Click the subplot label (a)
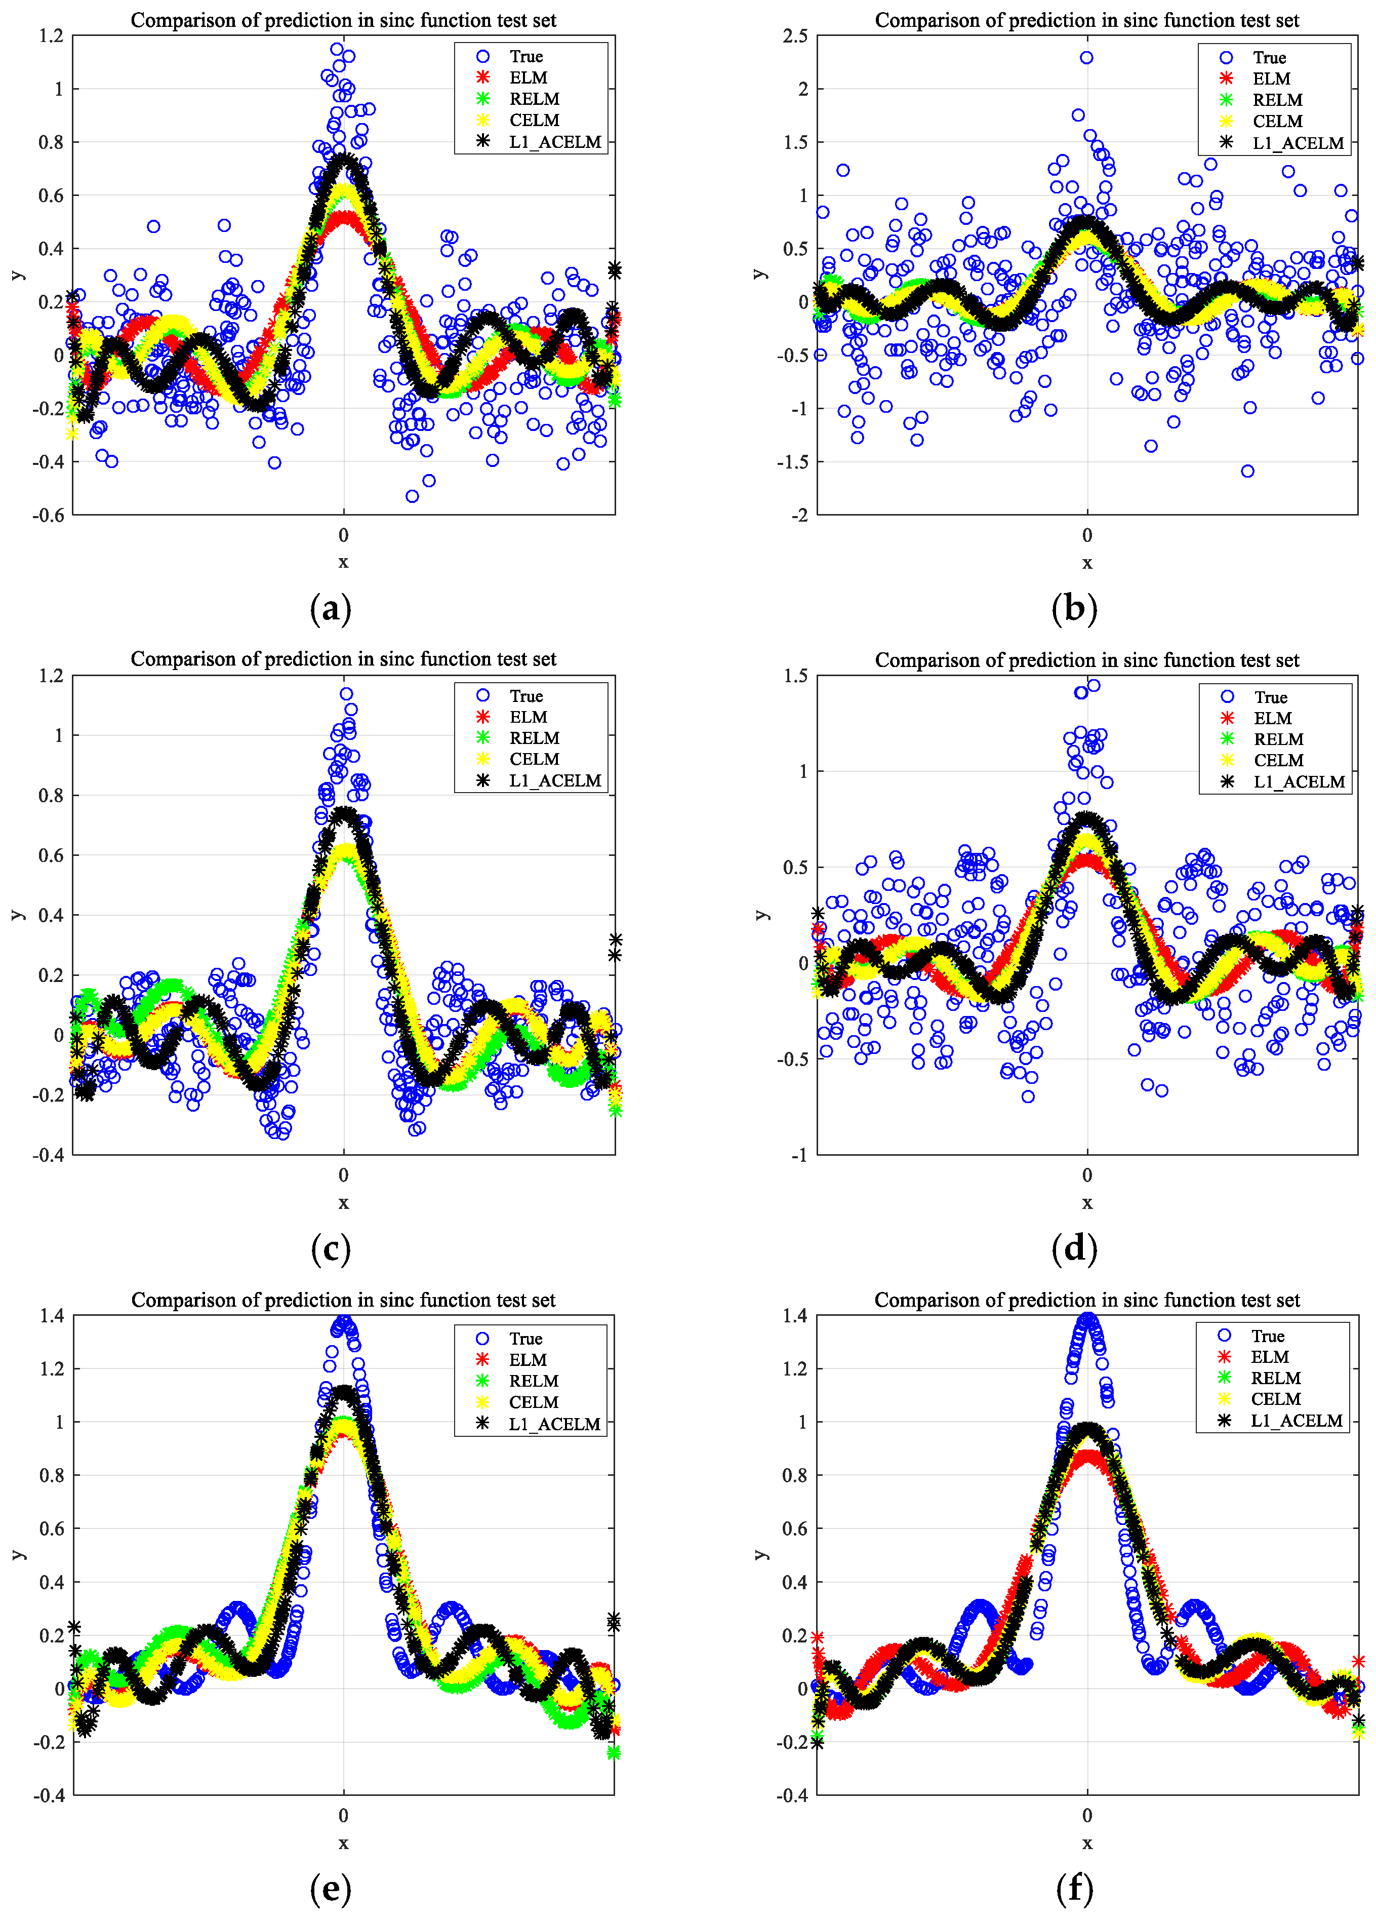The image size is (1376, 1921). coord(330,609)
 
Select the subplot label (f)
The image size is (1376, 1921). coord(1074,1888)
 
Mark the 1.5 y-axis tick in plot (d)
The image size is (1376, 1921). coord(796,676)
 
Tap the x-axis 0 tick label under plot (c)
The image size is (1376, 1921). coord(343,1175)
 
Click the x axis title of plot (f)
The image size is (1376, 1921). coord(1087,1842)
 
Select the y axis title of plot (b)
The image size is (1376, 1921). coord(760,273)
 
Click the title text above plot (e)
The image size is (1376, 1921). coord(343,1300)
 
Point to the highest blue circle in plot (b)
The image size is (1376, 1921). coord(1086,58)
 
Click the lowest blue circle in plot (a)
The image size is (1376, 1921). coord(412,496)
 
